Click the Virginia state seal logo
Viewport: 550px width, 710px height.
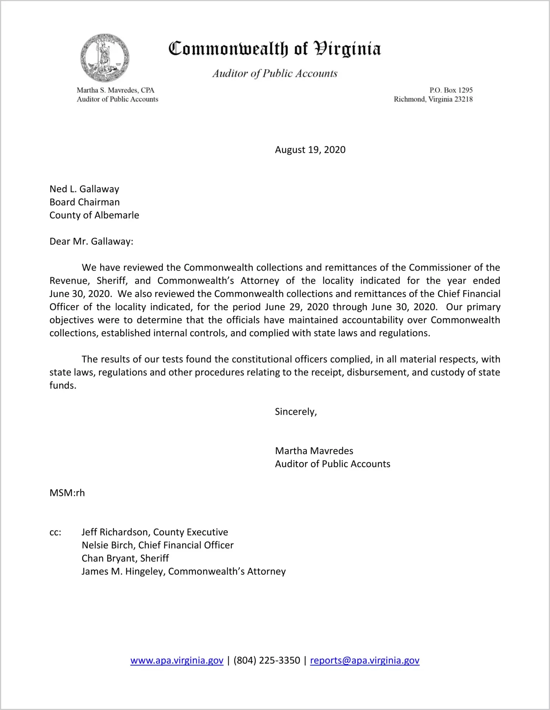pyautogui.click(x=105, y=58)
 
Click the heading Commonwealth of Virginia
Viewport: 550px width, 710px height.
pyautogui.click(x=275, y=49)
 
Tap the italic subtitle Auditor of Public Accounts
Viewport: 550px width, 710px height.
pyautogui.click(x=275, y=74)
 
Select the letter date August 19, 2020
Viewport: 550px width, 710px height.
pyautogui.click(x=310, y=150)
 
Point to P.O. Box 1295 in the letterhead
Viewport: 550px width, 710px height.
pyautogui.click(x=451, y=90)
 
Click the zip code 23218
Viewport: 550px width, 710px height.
pyautogui.click(x=463, y=99)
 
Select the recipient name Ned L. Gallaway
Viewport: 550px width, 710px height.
pyautogui.click(x=84, y=189)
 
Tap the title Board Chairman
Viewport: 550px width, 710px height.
pyautogui.click(x=85, y=202)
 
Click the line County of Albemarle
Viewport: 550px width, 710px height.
pyautogui.click(x=94, y=215)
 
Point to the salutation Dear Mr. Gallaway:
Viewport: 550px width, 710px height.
pyautogui.click(x=91, y=242)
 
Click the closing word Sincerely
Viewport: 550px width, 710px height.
pyautogui.click(x=296, y=411)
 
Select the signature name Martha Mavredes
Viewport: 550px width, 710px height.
pyautogui.click(x=314, y=451)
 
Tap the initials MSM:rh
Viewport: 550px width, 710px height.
pyautogui.click(x=67, y=493)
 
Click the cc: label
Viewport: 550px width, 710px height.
pyautogui.click(x=55, y=532)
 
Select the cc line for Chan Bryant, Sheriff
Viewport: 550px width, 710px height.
pyautogui.click(x=125, y=558)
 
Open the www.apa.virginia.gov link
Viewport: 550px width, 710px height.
pyautogui.click(x=177, y=660)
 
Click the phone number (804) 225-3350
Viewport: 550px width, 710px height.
pyautogui.click(x=267, y=660)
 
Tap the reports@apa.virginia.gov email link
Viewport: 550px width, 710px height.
pyautogui.click(x=364, y=660)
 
